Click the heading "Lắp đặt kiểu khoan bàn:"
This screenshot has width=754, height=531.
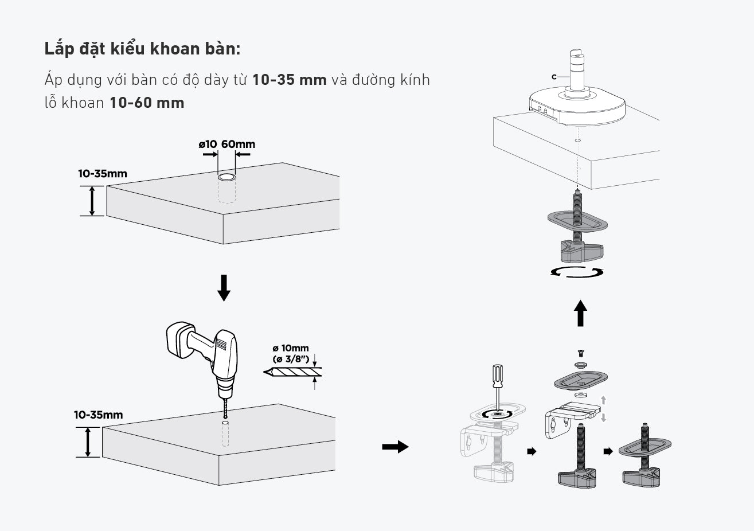pyautogui.click(x=142, y=49)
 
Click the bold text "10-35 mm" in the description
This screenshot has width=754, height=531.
pyautogui.click(x=290, y=80)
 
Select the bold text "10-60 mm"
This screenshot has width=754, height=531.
pyautogui.click(x=147, y=103)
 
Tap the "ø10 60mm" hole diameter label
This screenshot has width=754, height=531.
pyautogui.click(x=226, y=145)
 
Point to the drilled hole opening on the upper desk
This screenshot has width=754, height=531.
pyautogui.click(x=226, y=177)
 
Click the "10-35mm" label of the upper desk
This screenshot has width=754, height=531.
pyautogui.click(x=103, y=174)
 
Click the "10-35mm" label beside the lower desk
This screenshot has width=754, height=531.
pyautogui.click(x=98, y=415)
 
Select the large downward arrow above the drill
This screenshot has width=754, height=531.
pyautogui.click(x=224, y=288)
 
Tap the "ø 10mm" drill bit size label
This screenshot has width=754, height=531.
pyautogui.click(x=291, y=348)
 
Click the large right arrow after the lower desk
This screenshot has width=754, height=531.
pyautogui.click(x=395, y=447)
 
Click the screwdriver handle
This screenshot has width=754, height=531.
pyautogui.click(x=498, y=376)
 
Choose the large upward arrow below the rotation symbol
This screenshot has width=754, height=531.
pyautogui.click(x=580, y=313)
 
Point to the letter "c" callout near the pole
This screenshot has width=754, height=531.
pyautogui.click(x=554, y=77)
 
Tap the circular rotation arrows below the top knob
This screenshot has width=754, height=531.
pyautogui.click(x=577, y=272)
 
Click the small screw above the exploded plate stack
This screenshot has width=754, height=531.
pyautogui.click(x=581, y=353)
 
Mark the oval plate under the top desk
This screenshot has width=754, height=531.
pyautogui.click(x=577, y=221)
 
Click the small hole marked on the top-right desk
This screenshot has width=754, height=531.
pyautogui.click(x=577, y=140)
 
